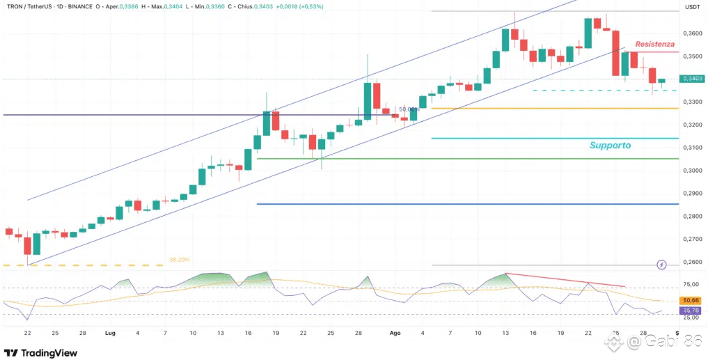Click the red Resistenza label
pos(654,44)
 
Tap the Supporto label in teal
pos(610,146)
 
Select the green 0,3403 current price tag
pos(692,79)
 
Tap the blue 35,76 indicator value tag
pos(692,310)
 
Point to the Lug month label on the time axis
pos(110,334)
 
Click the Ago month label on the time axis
pos(395,334)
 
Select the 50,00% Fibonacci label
pos(409,109)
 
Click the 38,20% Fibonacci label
pos(179,260)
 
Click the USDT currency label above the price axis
pos(692,6)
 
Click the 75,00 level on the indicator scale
pos(691,284)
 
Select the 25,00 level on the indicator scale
pos(691,318)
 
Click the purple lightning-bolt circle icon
pos(661,265)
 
